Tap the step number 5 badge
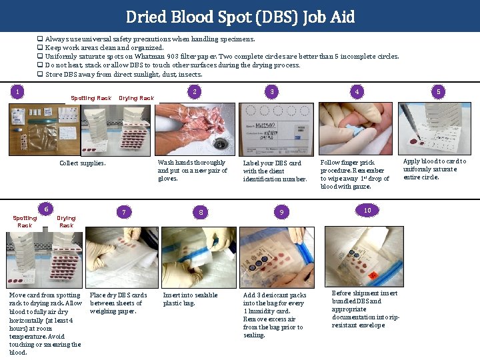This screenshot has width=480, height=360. (438, 91)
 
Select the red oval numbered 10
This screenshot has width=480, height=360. (367, 210)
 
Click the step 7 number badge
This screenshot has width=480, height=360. (123, 212)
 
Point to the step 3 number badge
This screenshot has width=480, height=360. (271, 91)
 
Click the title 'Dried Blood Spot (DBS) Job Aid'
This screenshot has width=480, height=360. (240, 17)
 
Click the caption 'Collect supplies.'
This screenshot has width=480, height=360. (82, 163)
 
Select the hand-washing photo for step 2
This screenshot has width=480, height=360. (195, 129)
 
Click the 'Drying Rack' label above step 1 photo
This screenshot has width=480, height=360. (136, 98)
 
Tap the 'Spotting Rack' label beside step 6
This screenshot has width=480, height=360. (25, 221)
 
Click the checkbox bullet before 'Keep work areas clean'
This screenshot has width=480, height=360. (41, 48)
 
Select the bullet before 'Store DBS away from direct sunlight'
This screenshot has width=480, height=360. (41, 75)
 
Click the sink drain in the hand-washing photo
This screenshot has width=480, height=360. (219, 143)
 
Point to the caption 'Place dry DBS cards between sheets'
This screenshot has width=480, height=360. (118, 303)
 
